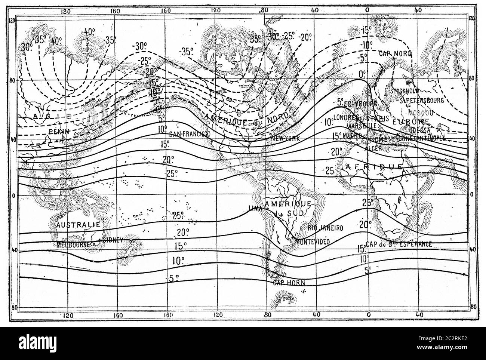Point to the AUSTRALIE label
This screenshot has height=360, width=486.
pyautogui.click(x=78, y=225)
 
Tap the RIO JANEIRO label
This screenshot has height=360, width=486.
pyautogui.click(x=325, y=227)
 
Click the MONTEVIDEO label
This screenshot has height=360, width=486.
pyautogui.click(x=312, y=242)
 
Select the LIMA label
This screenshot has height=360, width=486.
pyautogui.click(x=255, y=210)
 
